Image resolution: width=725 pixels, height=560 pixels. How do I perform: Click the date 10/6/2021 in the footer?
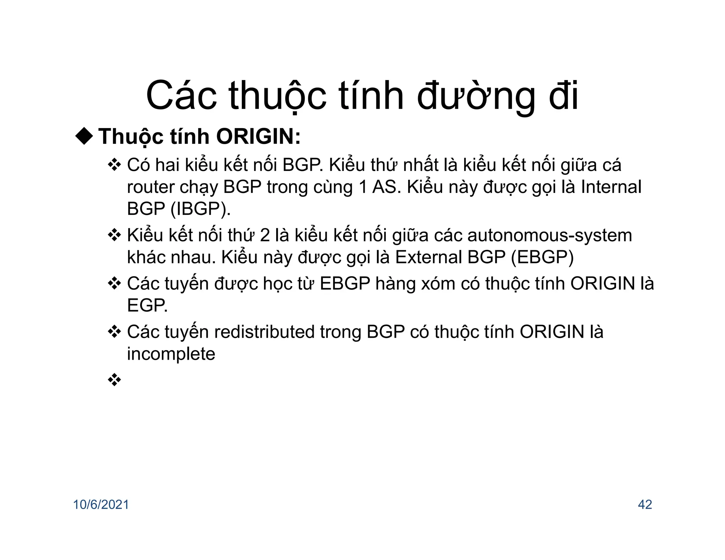click(101, 504)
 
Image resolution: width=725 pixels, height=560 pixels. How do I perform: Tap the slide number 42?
click(645, 504)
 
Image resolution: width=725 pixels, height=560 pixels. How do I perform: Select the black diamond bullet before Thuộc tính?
click(84, 136)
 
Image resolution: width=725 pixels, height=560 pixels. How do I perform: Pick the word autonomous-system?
click(549, 235)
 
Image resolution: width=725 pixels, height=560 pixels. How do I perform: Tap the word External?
click(428, 257)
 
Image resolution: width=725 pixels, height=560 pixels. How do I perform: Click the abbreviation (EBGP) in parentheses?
click(542, 257)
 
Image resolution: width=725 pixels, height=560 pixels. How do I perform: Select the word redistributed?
click(264, 332)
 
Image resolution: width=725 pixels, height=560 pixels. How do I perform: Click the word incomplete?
click(171, 354)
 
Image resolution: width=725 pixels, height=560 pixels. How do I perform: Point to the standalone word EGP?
click(147, 305)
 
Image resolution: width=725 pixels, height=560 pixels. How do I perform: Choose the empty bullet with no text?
click(114, 380)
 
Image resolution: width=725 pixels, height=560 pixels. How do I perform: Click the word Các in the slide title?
click(182, 96)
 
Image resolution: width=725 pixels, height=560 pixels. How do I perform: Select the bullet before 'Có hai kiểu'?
click(114, 165)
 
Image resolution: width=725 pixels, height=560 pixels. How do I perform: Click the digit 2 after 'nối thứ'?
click(264, 236)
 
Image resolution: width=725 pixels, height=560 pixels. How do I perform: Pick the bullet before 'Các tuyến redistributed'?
click(114, 332)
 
